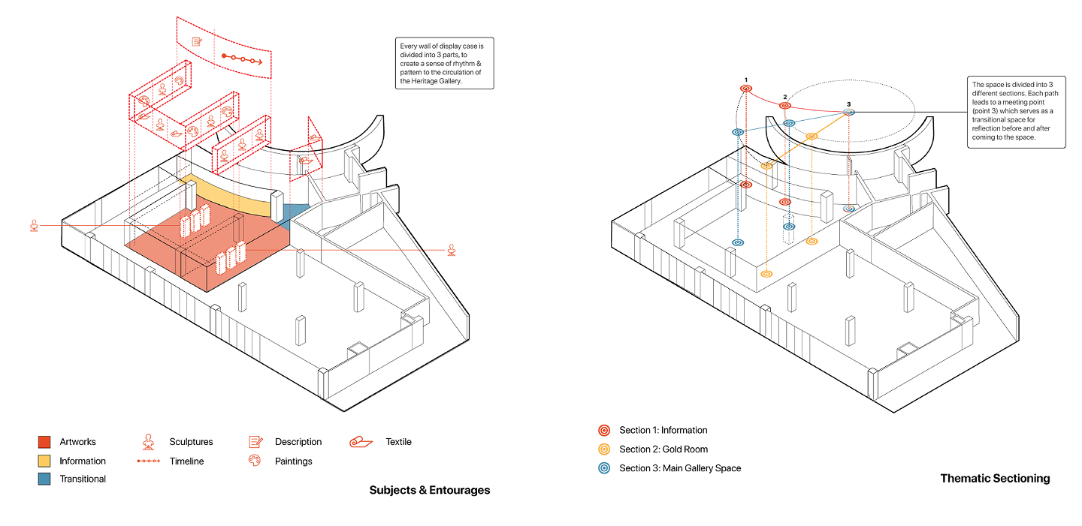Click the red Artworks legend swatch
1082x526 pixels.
pos(44,442)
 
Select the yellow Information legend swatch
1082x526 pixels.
pos(44,461)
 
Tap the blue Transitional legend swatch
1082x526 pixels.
pos(44,479)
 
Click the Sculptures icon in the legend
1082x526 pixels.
pos(149,441)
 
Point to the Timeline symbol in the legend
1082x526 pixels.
pos(149,461)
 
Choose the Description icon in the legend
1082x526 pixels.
pos(255,442)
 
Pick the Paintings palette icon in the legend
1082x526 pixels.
pos(255,461)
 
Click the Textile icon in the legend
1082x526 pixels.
pos(361,442)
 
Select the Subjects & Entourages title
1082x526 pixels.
pos(429,490)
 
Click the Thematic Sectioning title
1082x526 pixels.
pos(995,478)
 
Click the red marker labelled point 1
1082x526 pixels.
pos(746,89)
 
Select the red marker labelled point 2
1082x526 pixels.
pos(785,106)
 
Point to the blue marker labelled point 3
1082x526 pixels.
pos(848,113)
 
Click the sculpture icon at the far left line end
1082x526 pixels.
pos(34,224)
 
